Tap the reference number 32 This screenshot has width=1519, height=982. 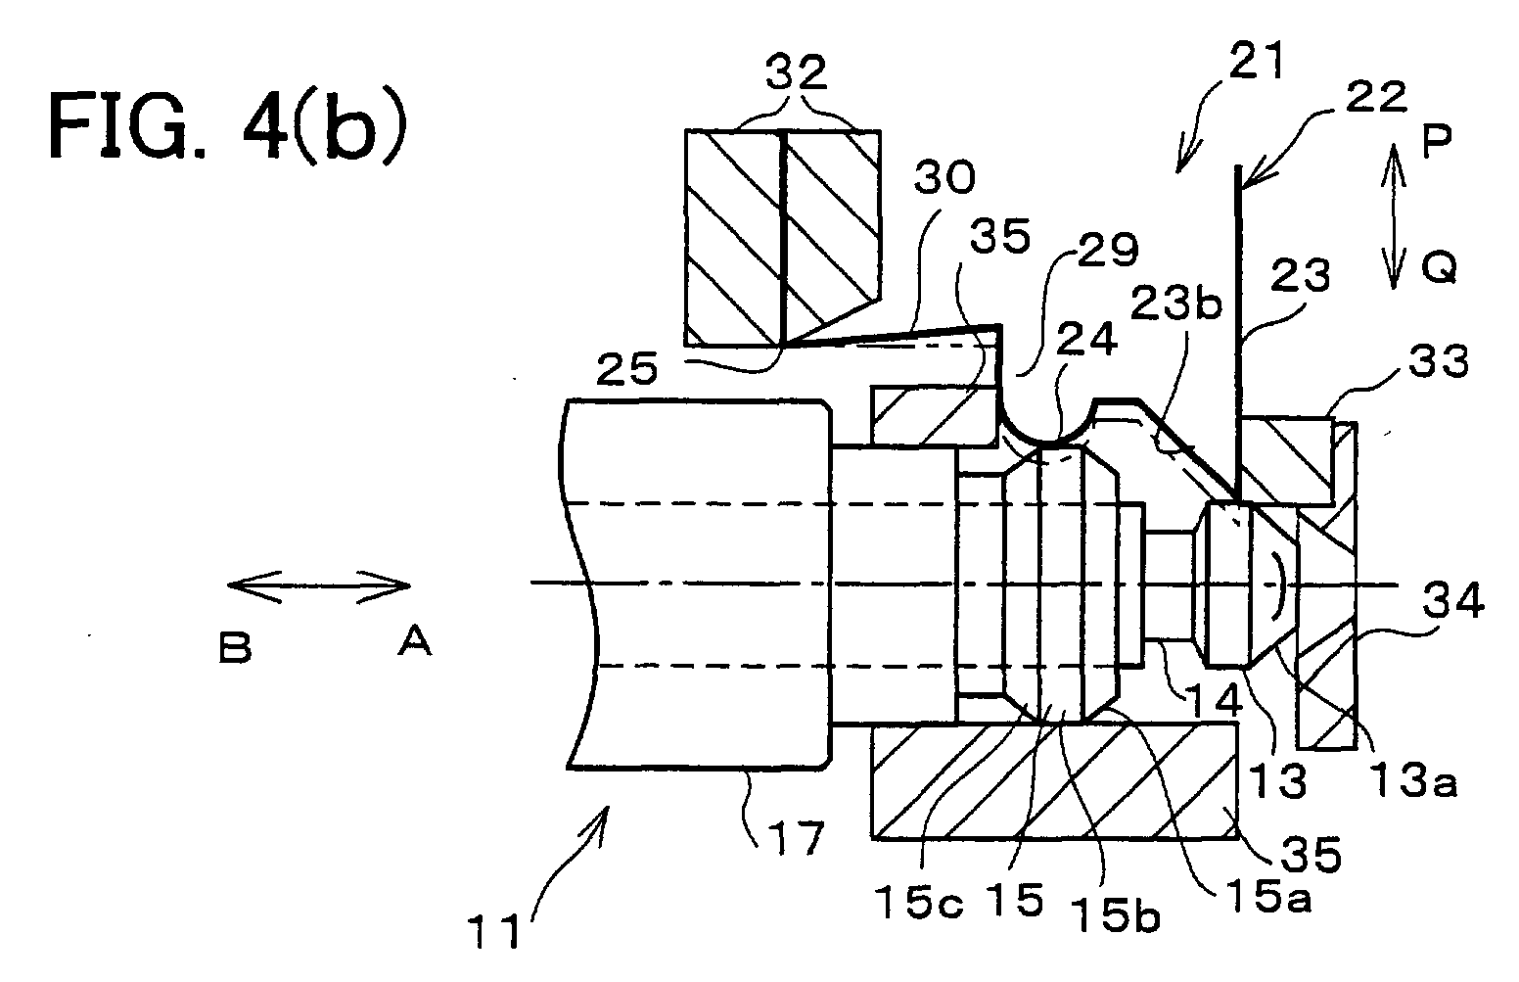click(797, 73)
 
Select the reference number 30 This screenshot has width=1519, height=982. click(944, 177)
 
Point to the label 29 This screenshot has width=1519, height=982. click(1108, 250)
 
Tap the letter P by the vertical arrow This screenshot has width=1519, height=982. click(1436, 142)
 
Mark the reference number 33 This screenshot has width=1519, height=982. click(1439, 362)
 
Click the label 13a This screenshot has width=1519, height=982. click(1412, 779)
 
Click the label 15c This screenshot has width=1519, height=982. click(919, 903)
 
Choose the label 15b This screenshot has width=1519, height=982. click(1116, 915)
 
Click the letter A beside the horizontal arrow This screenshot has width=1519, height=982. click(414, 641)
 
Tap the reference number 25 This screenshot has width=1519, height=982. click(627, 370)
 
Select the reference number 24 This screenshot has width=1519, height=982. click(1087, 339)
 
